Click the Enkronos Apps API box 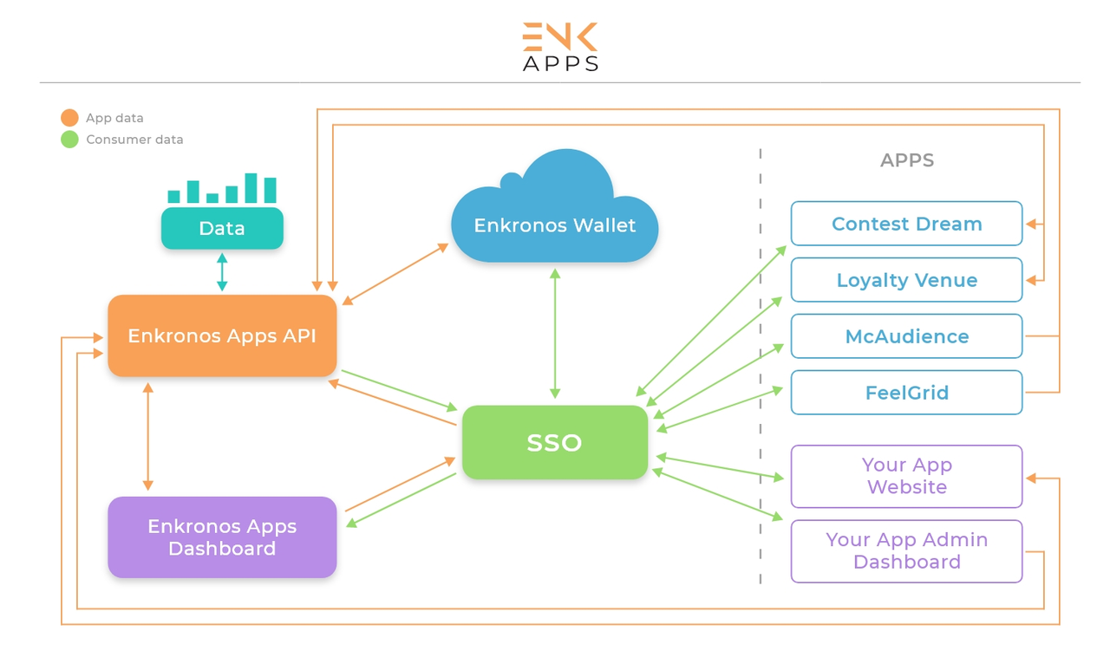pos(222,335)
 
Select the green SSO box pos(554,442)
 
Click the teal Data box pos(222,228)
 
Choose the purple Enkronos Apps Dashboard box pos(222,537)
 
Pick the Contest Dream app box pos(906,224)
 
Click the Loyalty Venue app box pos(906,280)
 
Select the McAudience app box pos(906,336)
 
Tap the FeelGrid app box pos(906,393)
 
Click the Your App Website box pos(906,476)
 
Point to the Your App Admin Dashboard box pos(906,551)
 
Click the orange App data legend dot pos(69,117)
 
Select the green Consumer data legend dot pos(69,140)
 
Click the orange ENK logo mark pos(560,36)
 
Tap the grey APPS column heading pos(907,160)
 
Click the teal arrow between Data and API pos(222,272)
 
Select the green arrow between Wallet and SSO pos(555,334)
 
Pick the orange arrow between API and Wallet pos(395,274)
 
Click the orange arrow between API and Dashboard pos(147,437)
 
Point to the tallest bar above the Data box pos(251,188)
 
